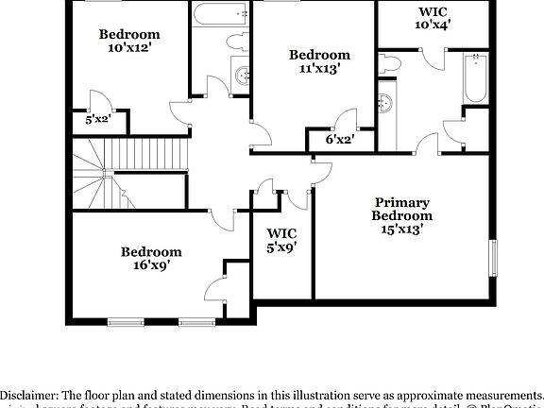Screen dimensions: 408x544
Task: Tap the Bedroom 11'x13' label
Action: (x=319, y=61)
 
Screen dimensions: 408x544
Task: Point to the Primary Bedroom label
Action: (x=401, y=214)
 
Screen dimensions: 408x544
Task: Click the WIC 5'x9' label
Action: (x=281, y=240)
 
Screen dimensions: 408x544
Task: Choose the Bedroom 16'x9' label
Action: (x=150, y=259)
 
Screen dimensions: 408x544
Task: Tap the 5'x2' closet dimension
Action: (x=98, y=120)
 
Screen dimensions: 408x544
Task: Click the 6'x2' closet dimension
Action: (x=338, y=140)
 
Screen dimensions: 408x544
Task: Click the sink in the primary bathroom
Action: (x=385, y=102)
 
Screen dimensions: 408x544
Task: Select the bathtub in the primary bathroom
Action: (x=475, y=78)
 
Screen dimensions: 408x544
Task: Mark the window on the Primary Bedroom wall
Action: (x=492, y=257)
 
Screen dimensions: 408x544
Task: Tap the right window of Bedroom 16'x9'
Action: (x=196, y=322)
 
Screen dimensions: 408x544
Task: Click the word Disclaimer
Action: (x=28, y=394)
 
